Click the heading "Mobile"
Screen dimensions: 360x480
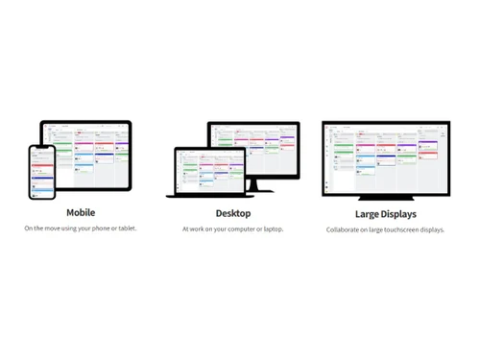pos(81,212)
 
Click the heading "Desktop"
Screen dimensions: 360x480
pos(233,213)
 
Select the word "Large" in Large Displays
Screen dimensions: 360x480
pos(369,214)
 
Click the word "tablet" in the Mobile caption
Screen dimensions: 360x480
pos(126,228)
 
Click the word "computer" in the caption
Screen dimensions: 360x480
pos(241,229)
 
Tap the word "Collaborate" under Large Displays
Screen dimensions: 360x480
pos(344,230)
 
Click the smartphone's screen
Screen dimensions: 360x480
pos(41,174)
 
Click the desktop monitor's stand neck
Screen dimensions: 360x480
pos(253,183)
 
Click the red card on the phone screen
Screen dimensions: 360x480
pos(41,165)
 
